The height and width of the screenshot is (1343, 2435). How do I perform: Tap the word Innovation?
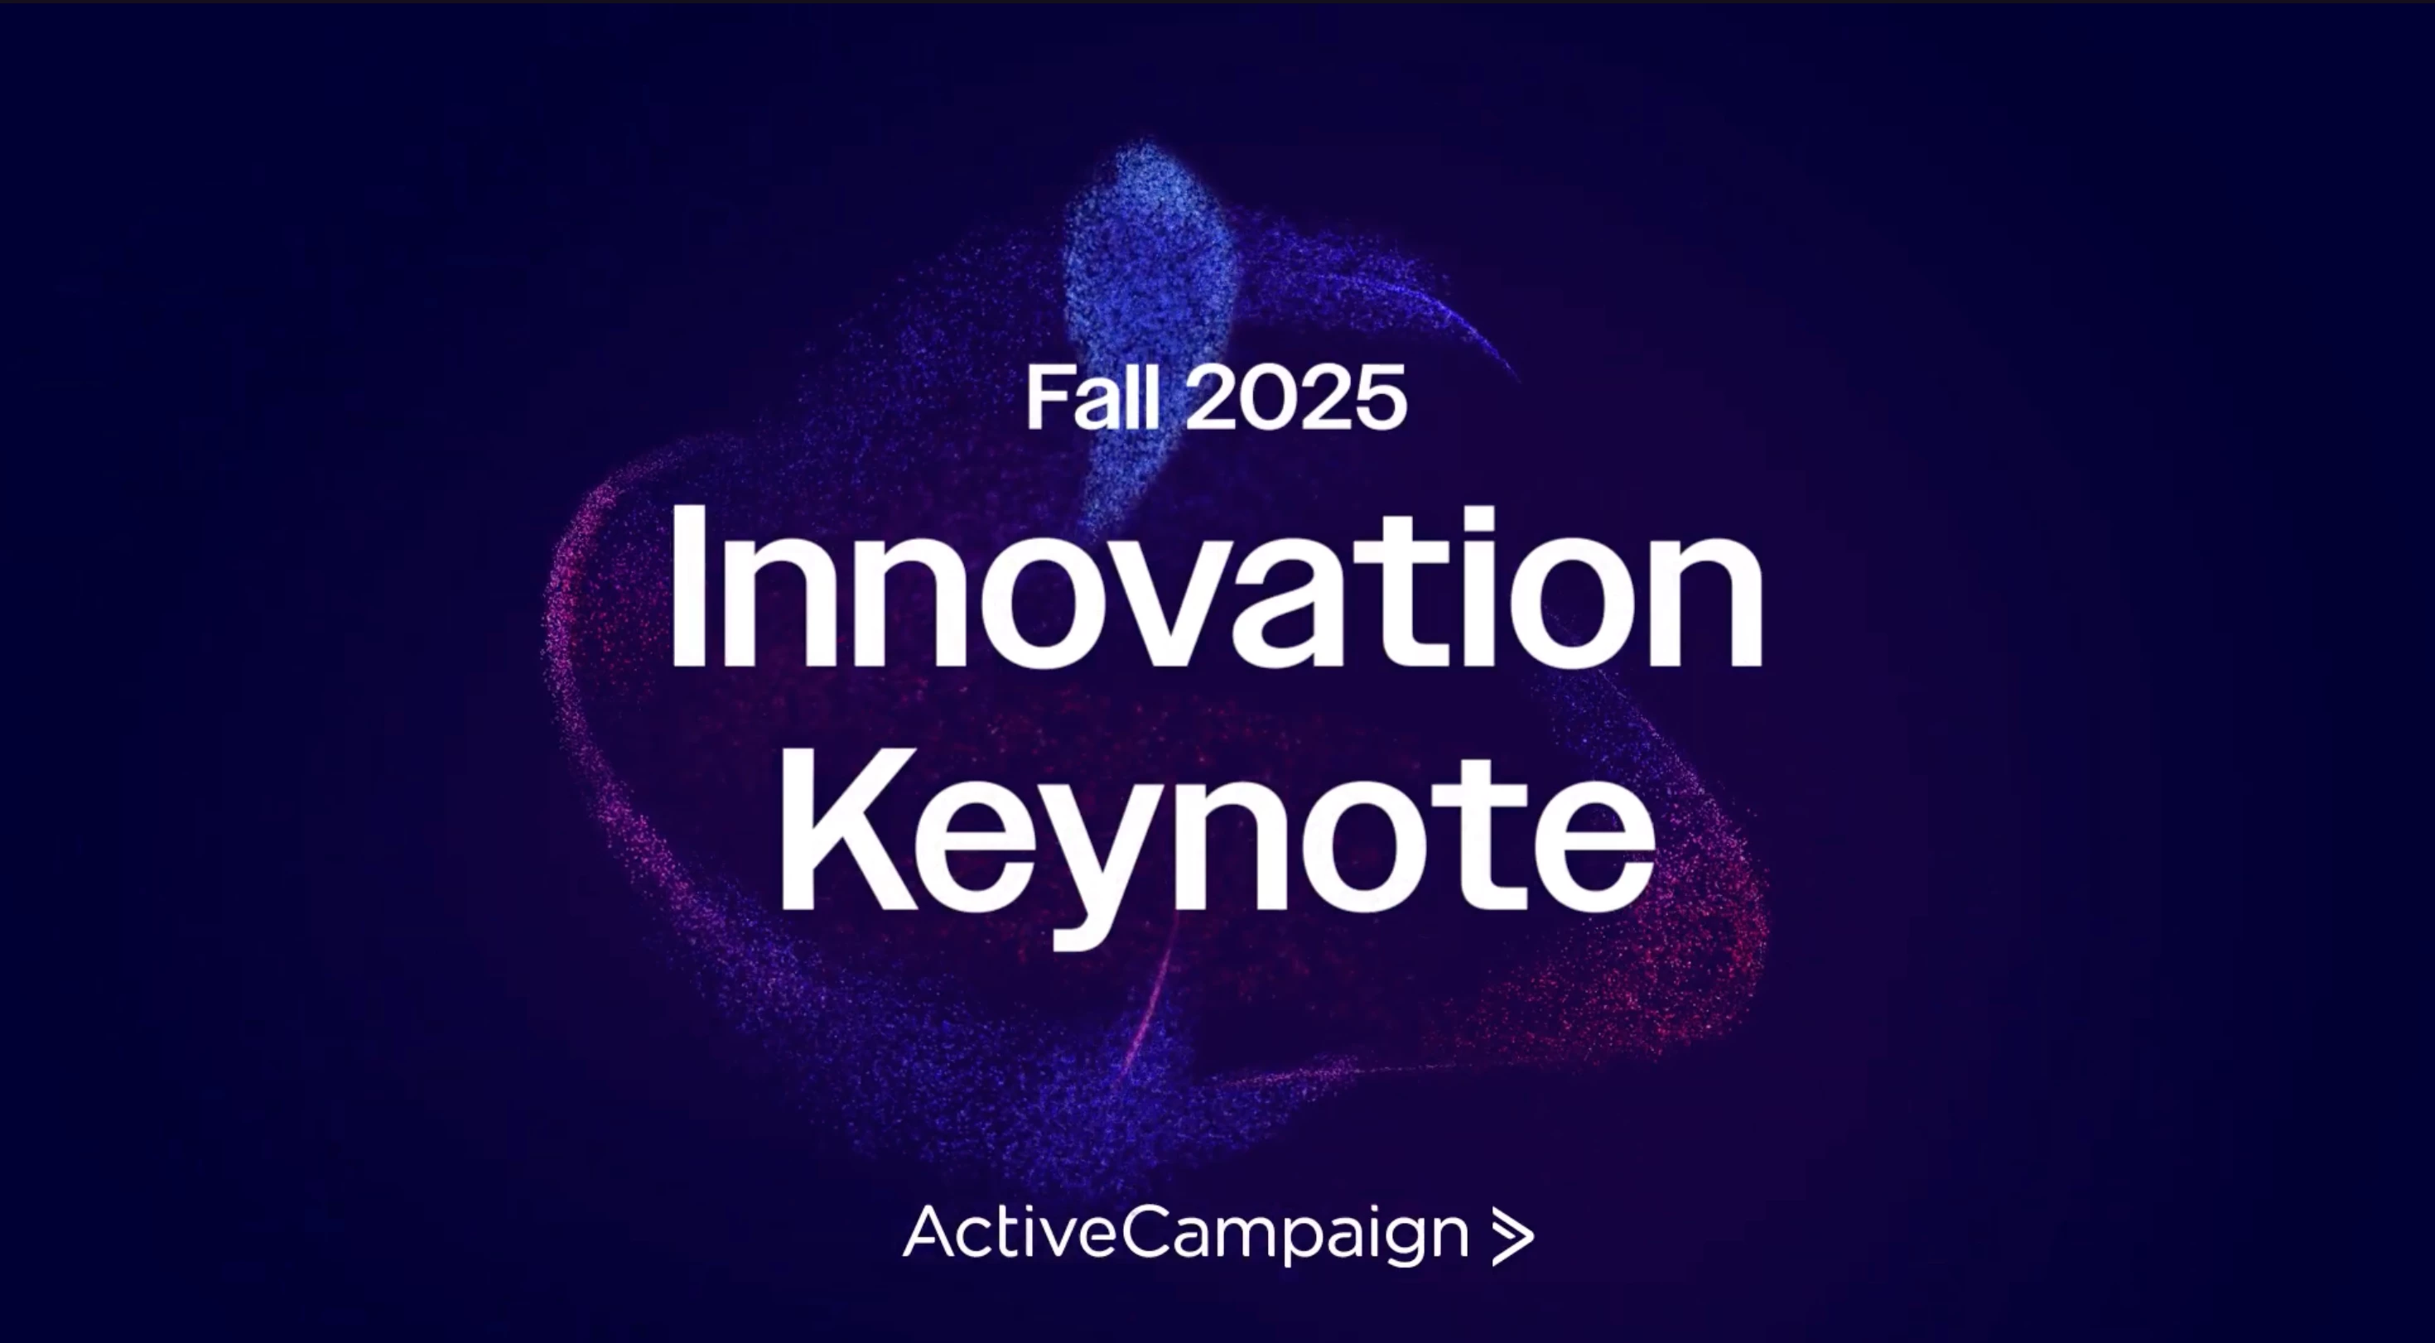1216,586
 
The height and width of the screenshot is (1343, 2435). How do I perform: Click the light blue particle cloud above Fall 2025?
1149,283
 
